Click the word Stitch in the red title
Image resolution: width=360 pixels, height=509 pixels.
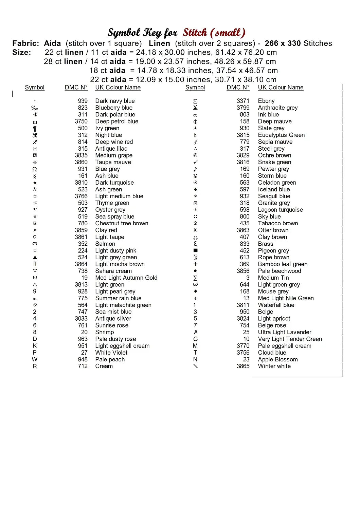(195, 33)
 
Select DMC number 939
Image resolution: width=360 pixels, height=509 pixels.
(83, 101)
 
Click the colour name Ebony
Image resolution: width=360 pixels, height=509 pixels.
(266, 101)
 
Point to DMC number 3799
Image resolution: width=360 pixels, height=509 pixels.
(243, 108)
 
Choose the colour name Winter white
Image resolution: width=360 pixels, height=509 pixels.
(274, 366)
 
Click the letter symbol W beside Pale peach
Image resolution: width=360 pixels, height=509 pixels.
(35, 359)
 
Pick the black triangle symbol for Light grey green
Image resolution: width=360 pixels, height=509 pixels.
(35, 257)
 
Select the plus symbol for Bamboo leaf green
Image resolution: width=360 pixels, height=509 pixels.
(195, 264)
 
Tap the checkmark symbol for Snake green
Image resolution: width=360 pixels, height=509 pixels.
(195, 162)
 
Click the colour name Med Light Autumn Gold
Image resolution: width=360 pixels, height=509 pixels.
(126, 278)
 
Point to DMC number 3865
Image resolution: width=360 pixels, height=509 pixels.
(243, 366)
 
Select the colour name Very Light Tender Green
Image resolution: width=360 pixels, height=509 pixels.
(290, 339)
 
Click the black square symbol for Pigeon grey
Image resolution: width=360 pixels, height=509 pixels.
(195, 250)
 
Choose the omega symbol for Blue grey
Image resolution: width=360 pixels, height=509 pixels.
(35, 169)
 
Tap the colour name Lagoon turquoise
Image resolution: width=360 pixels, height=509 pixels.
(281, 210)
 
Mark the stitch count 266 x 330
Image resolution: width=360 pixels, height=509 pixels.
(283, 43)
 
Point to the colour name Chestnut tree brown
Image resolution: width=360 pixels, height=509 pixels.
(122, 223)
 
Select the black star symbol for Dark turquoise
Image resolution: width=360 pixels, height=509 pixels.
(35, 183)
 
